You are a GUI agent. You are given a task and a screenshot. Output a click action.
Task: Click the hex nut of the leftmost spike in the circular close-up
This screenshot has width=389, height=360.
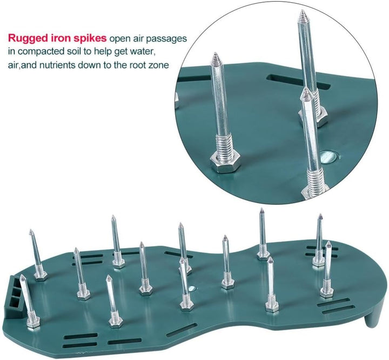click(x=224, y=163)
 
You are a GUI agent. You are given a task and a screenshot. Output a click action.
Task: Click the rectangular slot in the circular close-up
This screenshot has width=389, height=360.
click(x=298, y=81)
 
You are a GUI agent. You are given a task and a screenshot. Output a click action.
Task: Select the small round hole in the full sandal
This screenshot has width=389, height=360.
click(x=192, y=289)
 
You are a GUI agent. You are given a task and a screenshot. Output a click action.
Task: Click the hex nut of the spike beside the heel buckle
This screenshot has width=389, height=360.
click(x=33, y=323)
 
